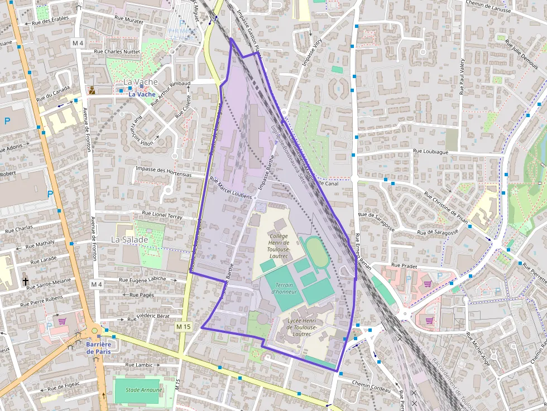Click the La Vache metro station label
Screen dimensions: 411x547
point(142,94)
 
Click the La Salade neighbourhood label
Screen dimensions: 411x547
point(129,239)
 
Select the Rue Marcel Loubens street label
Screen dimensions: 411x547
point(231,187)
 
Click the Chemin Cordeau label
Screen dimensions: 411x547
point(372,386)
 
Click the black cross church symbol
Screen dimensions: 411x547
point(26,282)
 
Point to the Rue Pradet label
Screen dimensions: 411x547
point(404,265)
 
